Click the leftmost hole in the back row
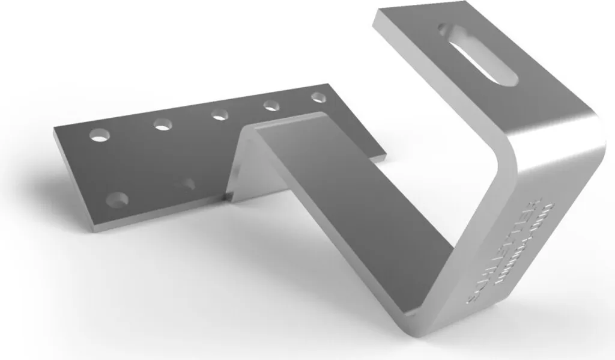pos(100,134)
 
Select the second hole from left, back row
pos(162,124)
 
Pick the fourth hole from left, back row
pos(271,106)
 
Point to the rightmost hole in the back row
pos(318,96)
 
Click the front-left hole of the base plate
pos(117,199)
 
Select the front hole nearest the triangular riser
pos(189,183)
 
